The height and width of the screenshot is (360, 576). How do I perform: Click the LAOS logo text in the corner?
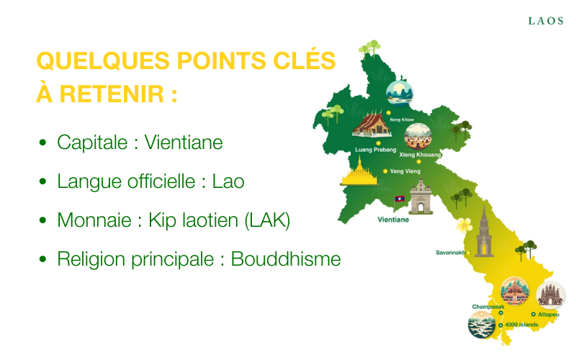coord(546,21)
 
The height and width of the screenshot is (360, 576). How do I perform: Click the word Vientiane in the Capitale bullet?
coord(184,143)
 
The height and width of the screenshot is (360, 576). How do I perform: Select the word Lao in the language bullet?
coord(228,181)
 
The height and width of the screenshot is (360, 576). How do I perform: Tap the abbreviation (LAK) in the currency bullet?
coord(267,220)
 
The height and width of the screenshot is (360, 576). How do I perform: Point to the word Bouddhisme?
coord(286,259)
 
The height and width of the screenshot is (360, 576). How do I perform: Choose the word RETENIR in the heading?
coord(112,94)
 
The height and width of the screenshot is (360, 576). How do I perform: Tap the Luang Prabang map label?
coord(375,150)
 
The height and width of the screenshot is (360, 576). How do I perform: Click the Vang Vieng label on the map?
coord(405,171)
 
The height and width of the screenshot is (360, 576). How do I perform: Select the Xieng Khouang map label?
coord(420,155)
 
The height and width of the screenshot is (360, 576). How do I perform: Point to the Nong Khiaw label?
coord(402,120)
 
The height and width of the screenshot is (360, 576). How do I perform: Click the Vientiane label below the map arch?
coord(393,220)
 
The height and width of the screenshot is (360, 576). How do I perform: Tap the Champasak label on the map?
coord(488,307)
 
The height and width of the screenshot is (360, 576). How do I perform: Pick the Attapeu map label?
coord(549,315)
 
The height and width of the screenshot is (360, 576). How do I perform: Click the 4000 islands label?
coord(521,325)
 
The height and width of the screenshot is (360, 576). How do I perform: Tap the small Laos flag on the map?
coord(400,199)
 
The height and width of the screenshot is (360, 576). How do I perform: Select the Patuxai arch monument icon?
coord(421,197)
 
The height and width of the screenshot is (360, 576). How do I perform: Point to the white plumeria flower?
coord(464,225)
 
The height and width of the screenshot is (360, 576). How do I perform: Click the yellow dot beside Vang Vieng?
coord(385,171)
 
